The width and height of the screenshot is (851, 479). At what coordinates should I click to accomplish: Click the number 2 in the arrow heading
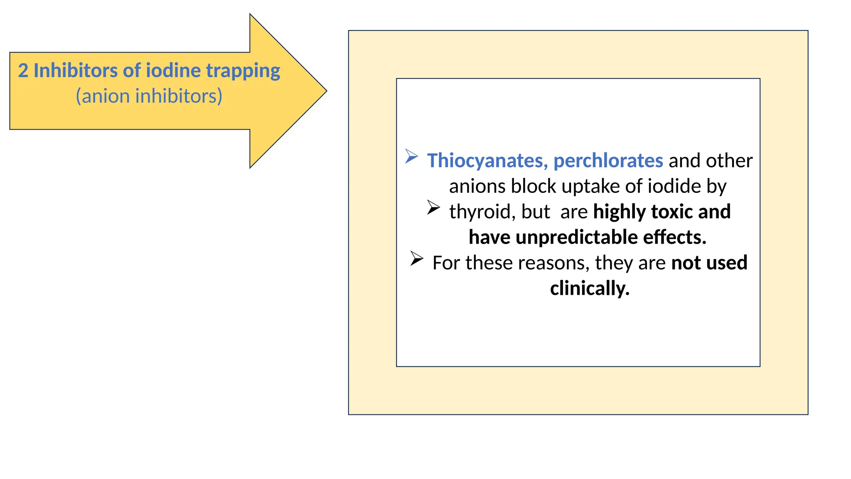(23, 71)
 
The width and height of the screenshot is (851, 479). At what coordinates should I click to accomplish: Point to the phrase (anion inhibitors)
(149, 96)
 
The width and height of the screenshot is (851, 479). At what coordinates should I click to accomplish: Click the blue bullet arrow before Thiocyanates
(411, 156)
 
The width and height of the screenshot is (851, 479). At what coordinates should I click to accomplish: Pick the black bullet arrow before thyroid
(433, 207)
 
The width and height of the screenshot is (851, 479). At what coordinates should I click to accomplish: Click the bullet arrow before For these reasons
(416, 258)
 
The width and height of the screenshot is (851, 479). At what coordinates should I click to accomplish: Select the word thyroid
(479, 212)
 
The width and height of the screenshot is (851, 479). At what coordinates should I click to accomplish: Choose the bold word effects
(674, 237)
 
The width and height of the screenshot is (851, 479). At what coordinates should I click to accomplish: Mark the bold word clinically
(590, 289)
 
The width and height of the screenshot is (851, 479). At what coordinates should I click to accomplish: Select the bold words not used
(709, 263)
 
